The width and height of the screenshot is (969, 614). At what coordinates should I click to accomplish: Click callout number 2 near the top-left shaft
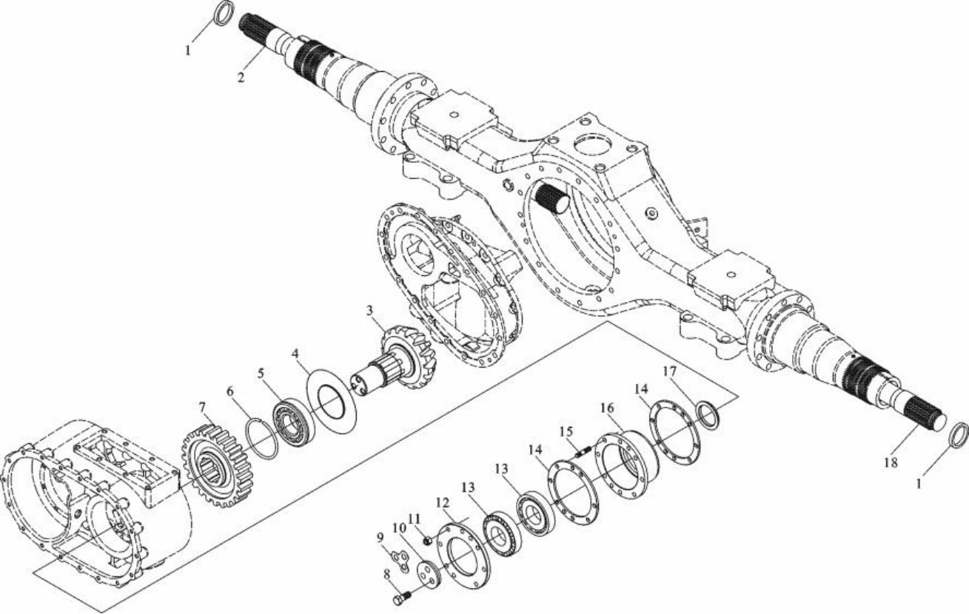point(241,78)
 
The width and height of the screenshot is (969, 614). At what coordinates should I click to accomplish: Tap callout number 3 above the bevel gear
point(369,311)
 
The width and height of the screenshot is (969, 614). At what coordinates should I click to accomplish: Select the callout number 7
point(202,408)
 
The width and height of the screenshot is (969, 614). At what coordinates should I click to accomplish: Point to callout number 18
point(891,462)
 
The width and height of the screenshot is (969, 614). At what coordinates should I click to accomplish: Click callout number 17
point(670,371)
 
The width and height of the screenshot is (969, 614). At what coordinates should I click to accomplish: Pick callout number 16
point(607,408)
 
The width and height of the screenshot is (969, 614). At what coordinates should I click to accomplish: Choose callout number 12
point(443,503)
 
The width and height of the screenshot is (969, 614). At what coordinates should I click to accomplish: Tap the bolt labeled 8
point(402,598)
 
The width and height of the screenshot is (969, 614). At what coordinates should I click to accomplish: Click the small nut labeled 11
point(427,540)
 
